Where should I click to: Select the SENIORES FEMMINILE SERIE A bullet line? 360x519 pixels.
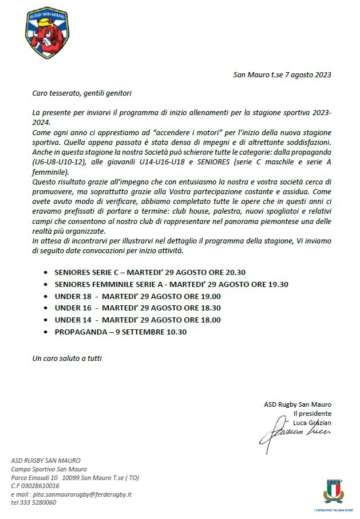click(x=171, y=284)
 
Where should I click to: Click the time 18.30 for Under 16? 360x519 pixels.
click(x=208, y=308)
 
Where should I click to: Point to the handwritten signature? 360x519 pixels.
click(x=294, y=431)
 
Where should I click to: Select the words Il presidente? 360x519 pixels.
click(x=312, y=413)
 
